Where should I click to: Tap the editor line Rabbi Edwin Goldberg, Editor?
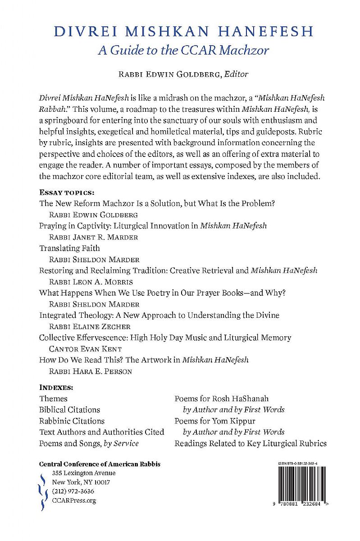(180, 74)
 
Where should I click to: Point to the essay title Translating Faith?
(69, 248)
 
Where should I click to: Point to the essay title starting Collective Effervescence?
(165, 337)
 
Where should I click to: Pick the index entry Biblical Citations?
(69, 410)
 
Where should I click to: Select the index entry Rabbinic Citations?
(72, 421)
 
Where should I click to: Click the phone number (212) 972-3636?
(73, 491)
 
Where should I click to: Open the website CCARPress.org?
(74, 500)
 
